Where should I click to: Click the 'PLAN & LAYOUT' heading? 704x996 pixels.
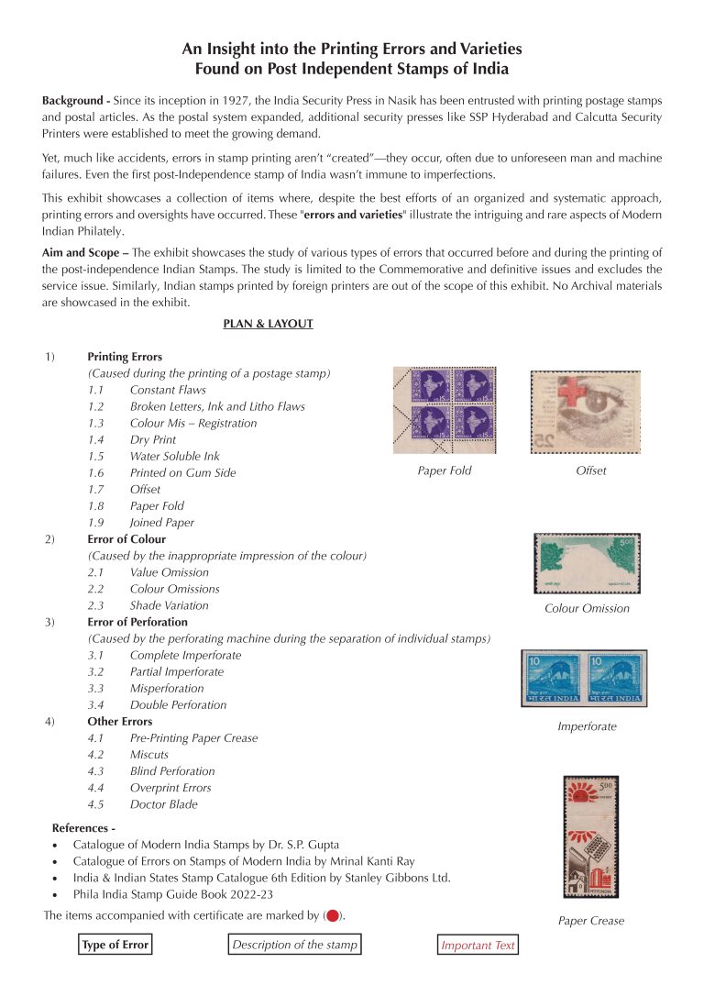point(268,324)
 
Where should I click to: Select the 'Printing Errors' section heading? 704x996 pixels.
point(125,357)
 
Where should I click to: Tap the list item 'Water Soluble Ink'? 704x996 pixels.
point(174,456)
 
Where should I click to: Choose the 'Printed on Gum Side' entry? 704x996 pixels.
point(182,472)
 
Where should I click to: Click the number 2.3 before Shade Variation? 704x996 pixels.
point(96,605)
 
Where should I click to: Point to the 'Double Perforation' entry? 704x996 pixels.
point(178,705)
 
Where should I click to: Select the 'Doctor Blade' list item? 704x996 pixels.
point(163,804)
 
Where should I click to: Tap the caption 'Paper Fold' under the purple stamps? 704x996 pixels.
point(445,471)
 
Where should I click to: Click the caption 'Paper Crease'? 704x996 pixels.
point(591,921)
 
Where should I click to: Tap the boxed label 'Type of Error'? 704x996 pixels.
point(115,946)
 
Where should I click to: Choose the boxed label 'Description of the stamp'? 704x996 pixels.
point(294,945)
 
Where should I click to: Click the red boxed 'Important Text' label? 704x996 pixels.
point(478,946)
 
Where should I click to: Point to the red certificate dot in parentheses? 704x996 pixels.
point(333,915)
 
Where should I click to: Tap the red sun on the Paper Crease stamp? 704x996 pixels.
point(580,791)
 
